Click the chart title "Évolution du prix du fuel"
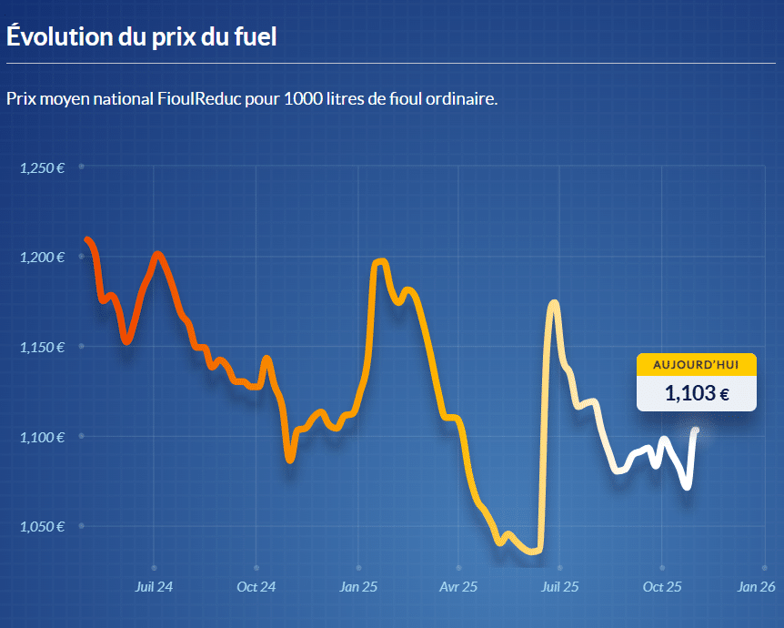tap(141, 37)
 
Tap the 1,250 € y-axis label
tap(42, 167)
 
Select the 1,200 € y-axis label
tap(42, 258)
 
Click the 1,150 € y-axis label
tap(42, 347)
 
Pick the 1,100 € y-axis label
tap(42, 437)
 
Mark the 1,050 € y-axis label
tap(42, 527)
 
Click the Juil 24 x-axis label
tap(154, 587)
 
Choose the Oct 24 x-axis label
tap(256, 587)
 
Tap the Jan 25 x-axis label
tap(358, 587)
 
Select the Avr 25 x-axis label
tap(459, 587)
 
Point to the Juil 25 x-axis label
tap(560, 587)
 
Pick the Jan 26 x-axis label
tap(757, 587)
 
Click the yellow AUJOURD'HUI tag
tap(696, 364)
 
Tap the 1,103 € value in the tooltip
tap(696, 393)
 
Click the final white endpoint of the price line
tap(696, 430)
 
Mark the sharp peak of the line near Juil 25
tap(553, 303)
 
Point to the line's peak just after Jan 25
tap(380, 262)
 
